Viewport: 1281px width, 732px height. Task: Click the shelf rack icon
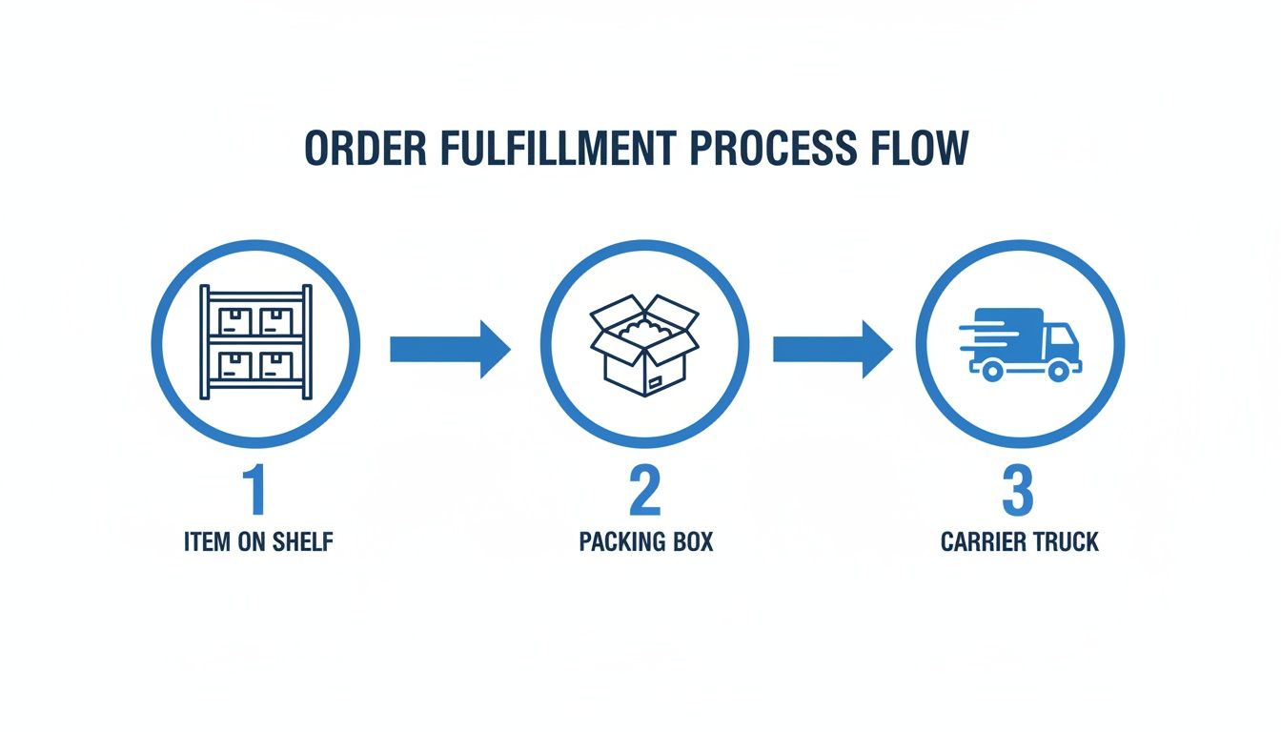click(255, 342)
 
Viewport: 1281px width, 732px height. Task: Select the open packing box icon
click(644, 343)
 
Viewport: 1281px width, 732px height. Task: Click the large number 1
click(254, 491)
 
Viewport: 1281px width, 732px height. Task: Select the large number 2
click(645, 491)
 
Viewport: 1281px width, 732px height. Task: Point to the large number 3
click(1018, 491)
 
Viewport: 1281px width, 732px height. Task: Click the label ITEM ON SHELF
click(258, 542)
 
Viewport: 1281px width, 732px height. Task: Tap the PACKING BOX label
click(645, 542)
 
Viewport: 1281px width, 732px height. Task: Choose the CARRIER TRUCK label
click(1019, 542)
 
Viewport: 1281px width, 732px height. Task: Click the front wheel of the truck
click(1058, 371)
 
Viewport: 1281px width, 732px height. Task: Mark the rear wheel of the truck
click(992, 371)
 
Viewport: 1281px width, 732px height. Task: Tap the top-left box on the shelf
click(235, 320)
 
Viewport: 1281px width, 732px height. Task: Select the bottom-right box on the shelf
click(276, 364)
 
